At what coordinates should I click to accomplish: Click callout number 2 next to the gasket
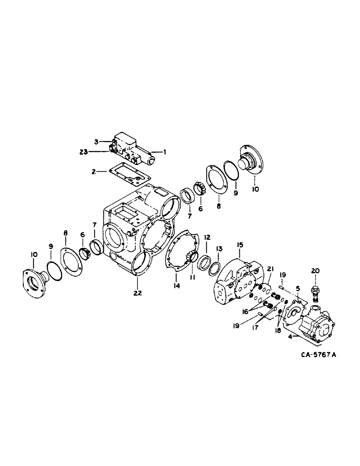coord(94,171)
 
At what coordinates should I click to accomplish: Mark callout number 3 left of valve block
coord(96,141)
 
